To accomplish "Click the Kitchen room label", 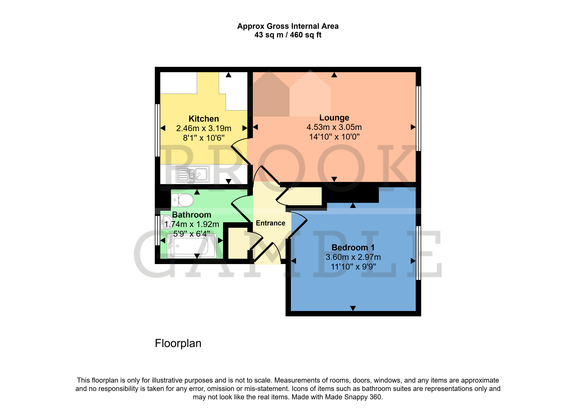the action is (x=204, y=119).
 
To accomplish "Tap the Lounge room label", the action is (x=334, y=118).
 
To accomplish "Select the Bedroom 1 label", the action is (x=353, y=247).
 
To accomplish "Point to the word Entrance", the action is (x=271, y=223).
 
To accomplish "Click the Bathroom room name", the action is (x=192, y=215).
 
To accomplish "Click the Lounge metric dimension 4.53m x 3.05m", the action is (x=334, y=127).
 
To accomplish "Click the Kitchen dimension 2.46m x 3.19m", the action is (x=204, y=128).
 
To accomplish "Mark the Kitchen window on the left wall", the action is (x=157, y=130).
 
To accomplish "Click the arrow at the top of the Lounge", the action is (x=334, y=75).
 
